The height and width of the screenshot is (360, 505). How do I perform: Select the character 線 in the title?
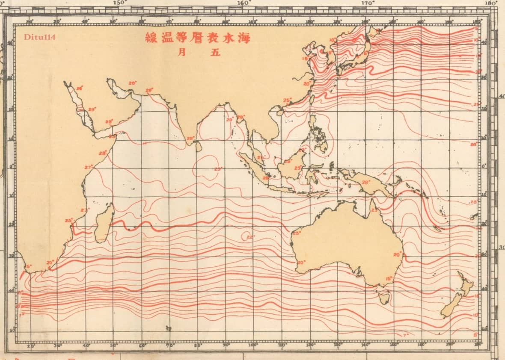pos(150,37)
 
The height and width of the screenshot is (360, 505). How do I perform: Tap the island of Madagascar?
pos(104,224)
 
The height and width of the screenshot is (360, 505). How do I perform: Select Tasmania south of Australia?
pos(383,295)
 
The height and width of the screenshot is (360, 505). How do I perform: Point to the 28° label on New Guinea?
pos(365,182)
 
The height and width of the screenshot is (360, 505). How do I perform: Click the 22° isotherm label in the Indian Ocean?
pos(250,237)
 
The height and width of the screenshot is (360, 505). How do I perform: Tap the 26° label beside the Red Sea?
pos(79,89)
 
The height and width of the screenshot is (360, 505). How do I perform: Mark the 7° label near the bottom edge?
pos(406,334)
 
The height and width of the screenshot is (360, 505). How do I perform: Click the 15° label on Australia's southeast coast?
pos(389,278)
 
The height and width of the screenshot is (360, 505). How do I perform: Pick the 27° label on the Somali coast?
pos(89,167)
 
